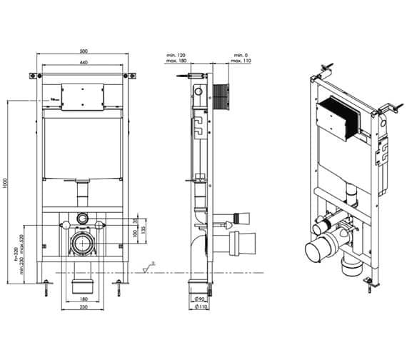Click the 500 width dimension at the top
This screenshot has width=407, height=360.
[84, 52]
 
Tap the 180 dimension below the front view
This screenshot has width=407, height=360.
[84, 299]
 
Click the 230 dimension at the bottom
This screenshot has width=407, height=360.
[84, 307]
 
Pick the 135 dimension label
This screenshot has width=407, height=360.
[144, 231]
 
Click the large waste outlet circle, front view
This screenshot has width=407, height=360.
[84, 246]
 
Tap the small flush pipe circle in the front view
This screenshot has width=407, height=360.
[84, 216]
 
